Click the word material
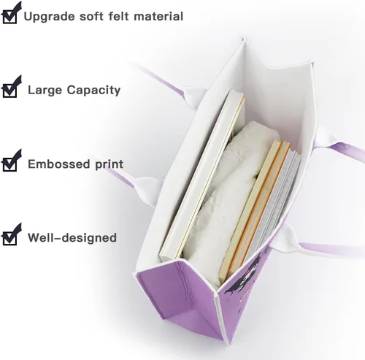click(158, 16)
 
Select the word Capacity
click(93, 91)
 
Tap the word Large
click(45, 91)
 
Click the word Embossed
click(59, 164)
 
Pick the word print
click(109, 165)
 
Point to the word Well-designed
click(72, 237)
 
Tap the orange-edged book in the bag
click(255, 210)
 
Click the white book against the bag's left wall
click(202, 175)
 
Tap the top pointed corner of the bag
click(244, 39)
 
